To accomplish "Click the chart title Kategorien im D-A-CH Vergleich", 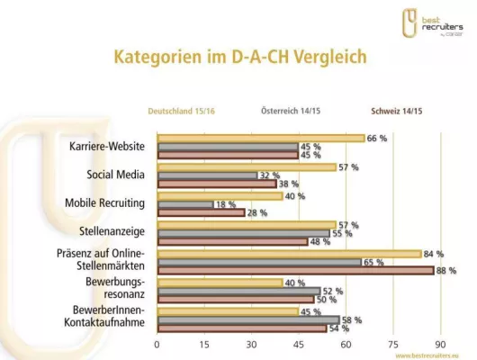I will [239, 58].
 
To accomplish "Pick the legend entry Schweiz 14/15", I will [399, 112].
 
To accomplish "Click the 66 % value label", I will [376, 139].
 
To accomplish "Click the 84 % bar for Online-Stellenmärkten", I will [289, 254].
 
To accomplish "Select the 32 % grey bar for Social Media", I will [207, 175].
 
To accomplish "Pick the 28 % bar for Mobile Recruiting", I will [202, 212].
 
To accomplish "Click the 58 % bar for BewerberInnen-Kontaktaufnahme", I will [248, 319].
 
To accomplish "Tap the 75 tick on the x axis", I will [392, 344].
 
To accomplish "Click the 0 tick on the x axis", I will [157, 344].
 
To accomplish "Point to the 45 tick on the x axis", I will [299, 344].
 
